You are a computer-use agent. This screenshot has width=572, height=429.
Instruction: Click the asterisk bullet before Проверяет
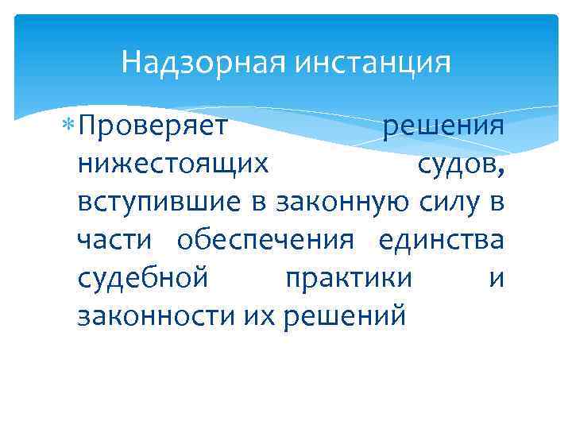(x=70, y=126)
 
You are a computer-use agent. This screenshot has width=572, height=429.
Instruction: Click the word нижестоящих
(x=173, y=164)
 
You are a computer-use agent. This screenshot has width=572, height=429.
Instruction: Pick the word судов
(x=459, y=164)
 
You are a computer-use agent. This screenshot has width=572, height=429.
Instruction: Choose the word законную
(x=345, y=203)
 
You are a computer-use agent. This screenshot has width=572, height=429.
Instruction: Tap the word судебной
(x=144, y=279)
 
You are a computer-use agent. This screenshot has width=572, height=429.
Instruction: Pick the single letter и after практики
(x=497, y=279)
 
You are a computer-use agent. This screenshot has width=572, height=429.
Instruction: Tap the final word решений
(x=339, y=317)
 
